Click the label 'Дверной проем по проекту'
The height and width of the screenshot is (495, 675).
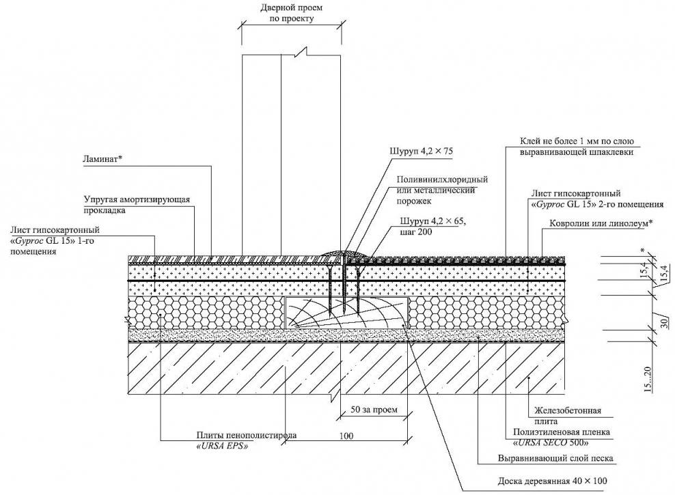pyautogui.click(x=291, y=14)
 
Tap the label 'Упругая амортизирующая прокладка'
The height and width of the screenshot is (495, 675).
pyautogui.click(x=137, y=205)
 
